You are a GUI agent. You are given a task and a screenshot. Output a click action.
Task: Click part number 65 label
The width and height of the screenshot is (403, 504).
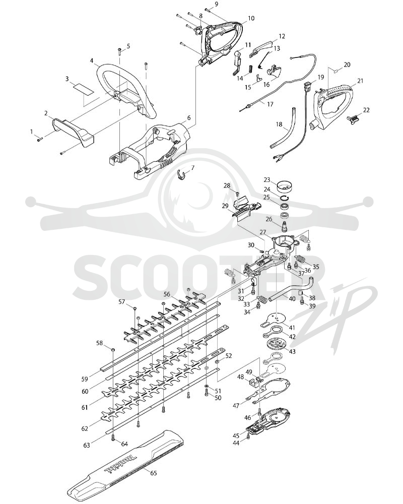tap(154, 473)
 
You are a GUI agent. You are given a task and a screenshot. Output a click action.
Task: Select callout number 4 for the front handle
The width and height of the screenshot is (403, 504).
tap(92, 60)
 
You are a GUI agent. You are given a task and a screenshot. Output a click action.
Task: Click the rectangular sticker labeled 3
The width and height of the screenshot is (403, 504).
tap(82, 88)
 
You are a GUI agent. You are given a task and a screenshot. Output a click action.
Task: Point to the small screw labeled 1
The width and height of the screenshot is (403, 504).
tap(40, 139)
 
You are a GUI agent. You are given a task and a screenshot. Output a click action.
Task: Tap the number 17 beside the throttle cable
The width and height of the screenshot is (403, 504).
tap(270, 104)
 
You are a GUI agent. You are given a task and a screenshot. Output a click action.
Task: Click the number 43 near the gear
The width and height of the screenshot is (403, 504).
tap(292, 351)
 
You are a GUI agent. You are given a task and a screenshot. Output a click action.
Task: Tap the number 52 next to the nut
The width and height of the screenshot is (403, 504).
tap(229, 356)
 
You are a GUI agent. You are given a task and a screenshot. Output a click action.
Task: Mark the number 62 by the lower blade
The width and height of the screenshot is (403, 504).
tap(85, 428)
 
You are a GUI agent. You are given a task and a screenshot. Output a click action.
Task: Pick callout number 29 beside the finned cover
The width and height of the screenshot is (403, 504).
tap(225, 206)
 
